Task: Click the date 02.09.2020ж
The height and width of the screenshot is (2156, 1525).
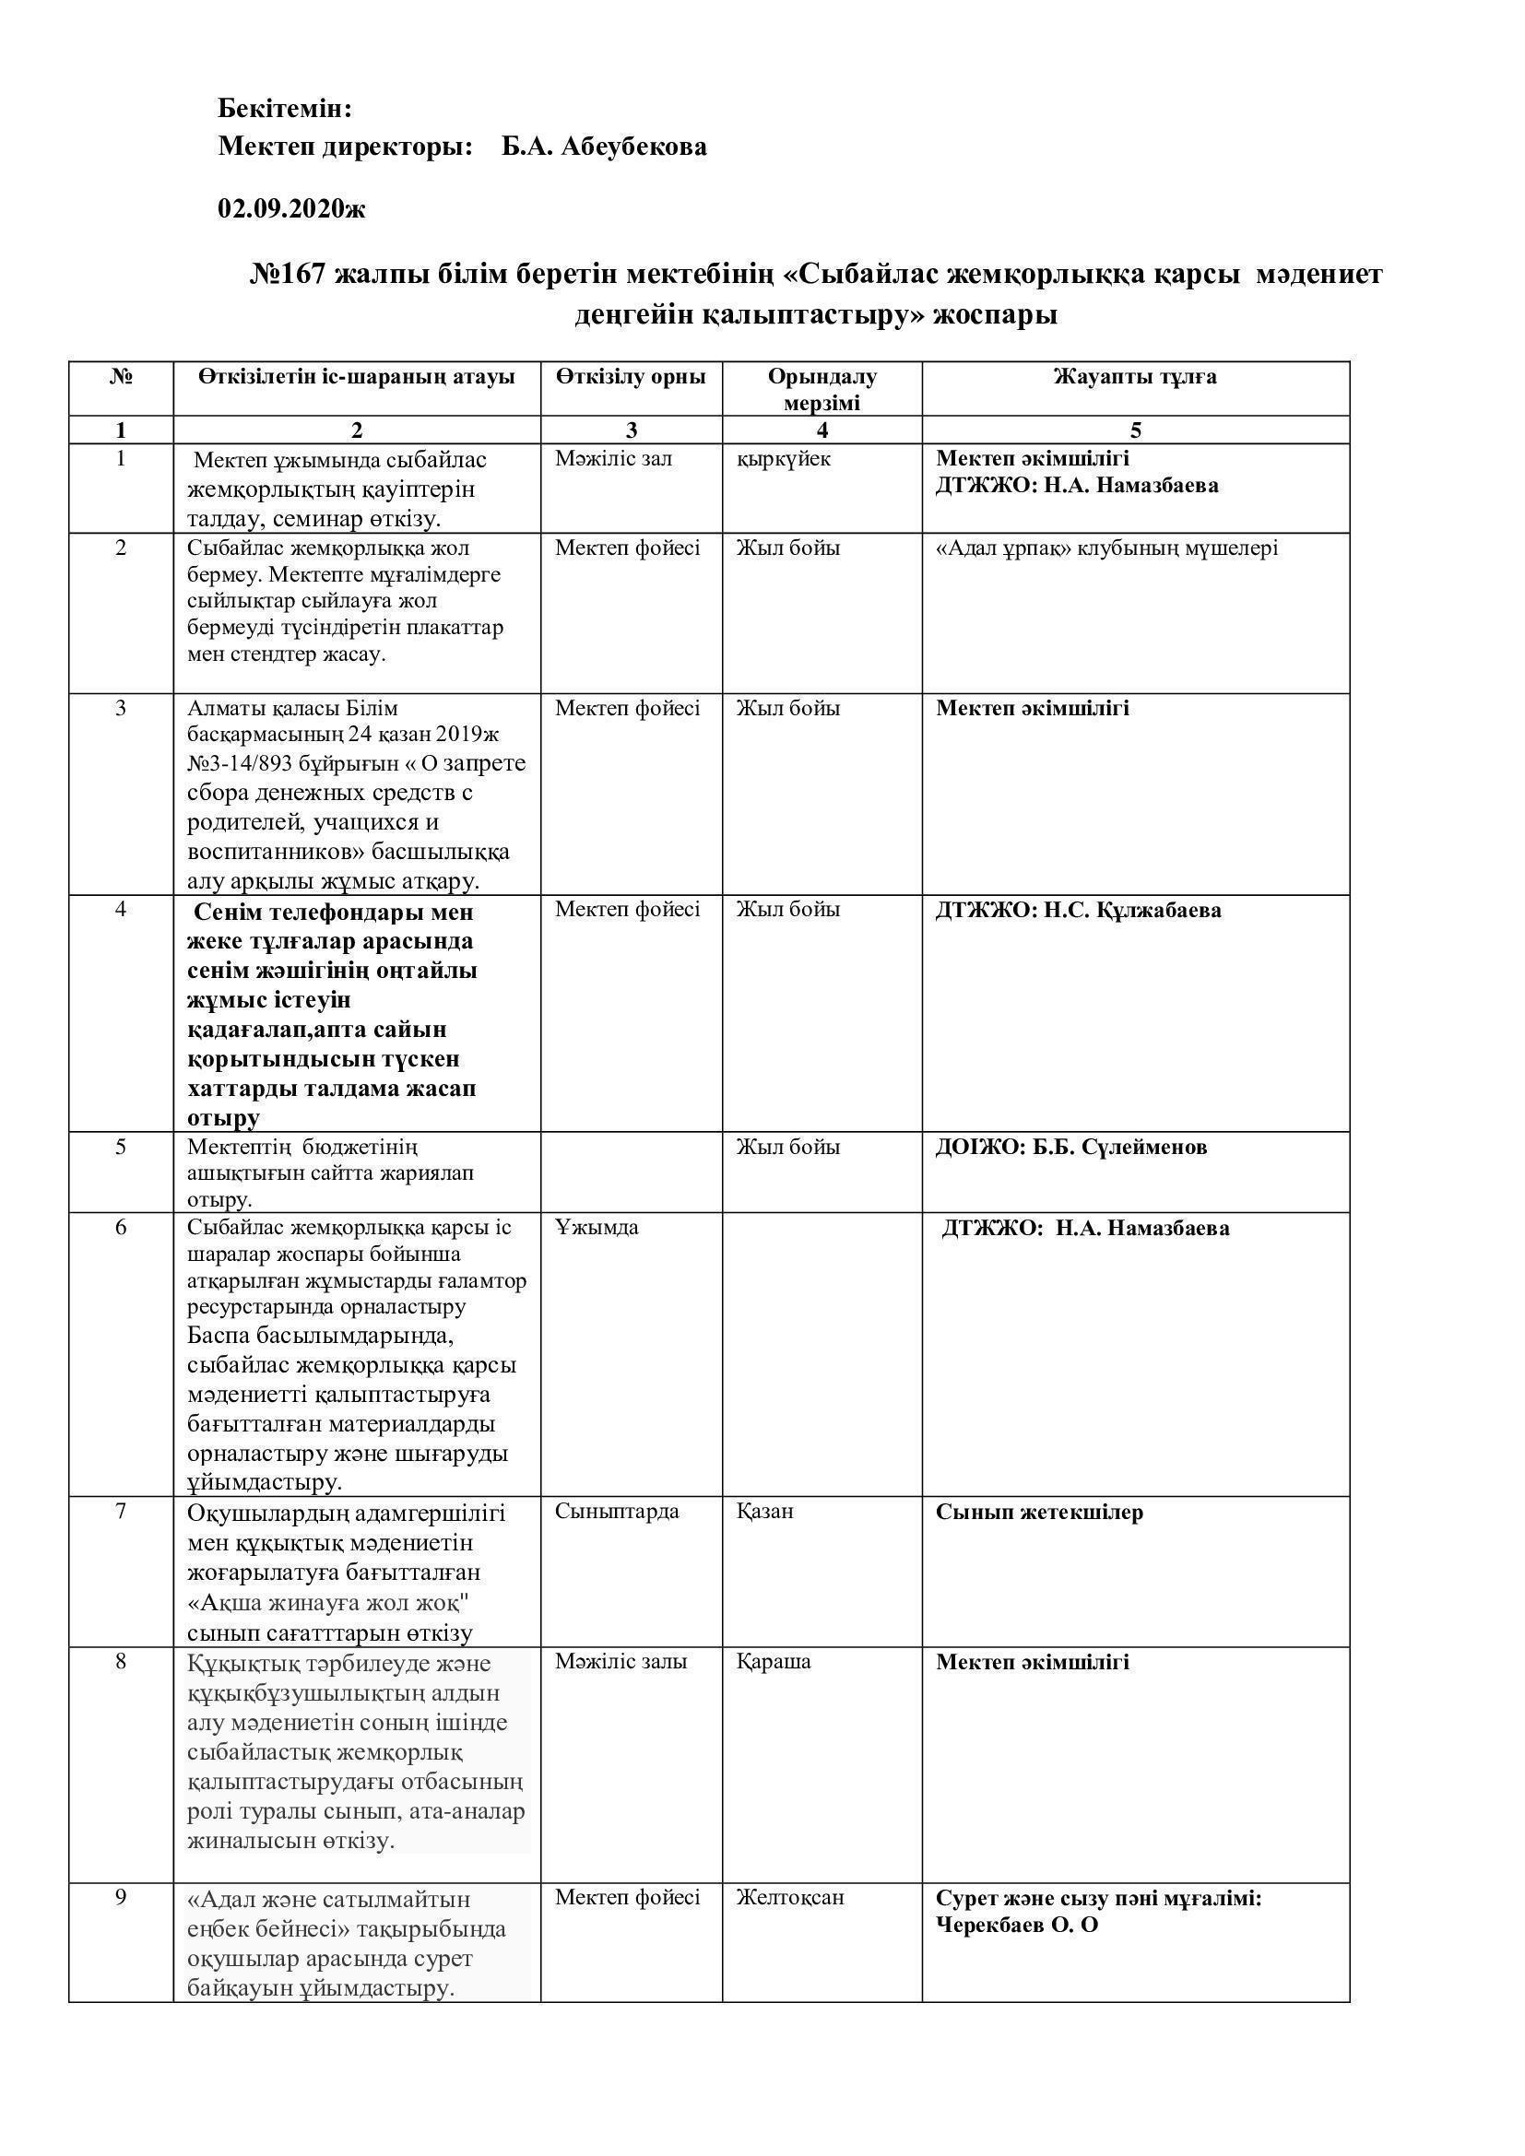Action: pyautogui.click(x=291, y=208)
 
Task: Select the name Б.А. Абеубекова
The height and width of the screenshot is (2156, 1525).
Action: pyautogui.click(x=604, y=147)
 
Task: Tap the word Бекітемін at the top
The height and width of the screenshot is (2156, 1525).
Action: pyautogui.click(x=285, y=109)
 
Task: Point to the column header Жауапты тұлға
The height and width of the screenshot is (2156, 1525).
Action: pyautogui.click(x=1134, y=378)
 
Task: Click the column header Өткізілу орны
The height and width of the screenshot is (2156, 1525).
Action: pyautogui.click(x=630, y=378)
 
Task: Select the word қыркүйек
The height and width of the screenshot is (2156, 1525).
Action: pyautogui.click(x=783, y=459)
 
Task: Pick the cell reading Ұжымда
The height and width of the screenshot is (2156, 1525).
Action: pyautogui.click(x=597, y=1227)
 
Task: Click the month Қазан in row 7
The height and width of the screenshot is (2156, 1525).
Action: pyautogui.click(x=764, y=1511)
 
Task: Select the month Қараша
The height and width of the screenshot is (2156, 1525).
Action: pyautogui.click(x=773, y=1661)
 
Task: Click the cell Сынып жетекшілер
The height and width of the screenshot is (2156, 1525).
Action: pyautogui.click(x=1038, y=1513)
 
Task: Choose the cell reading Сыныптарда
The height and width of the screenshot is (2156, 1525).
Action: pyautogui.click(x=616, y=1511)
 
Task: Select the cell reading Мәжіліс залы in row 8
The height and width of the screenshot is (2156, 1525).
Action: pyautogui.click(x=621, y=1661)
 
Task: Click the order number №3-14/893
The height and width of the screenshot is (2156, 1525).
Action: pyautogui.click(x=247, y=762)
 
